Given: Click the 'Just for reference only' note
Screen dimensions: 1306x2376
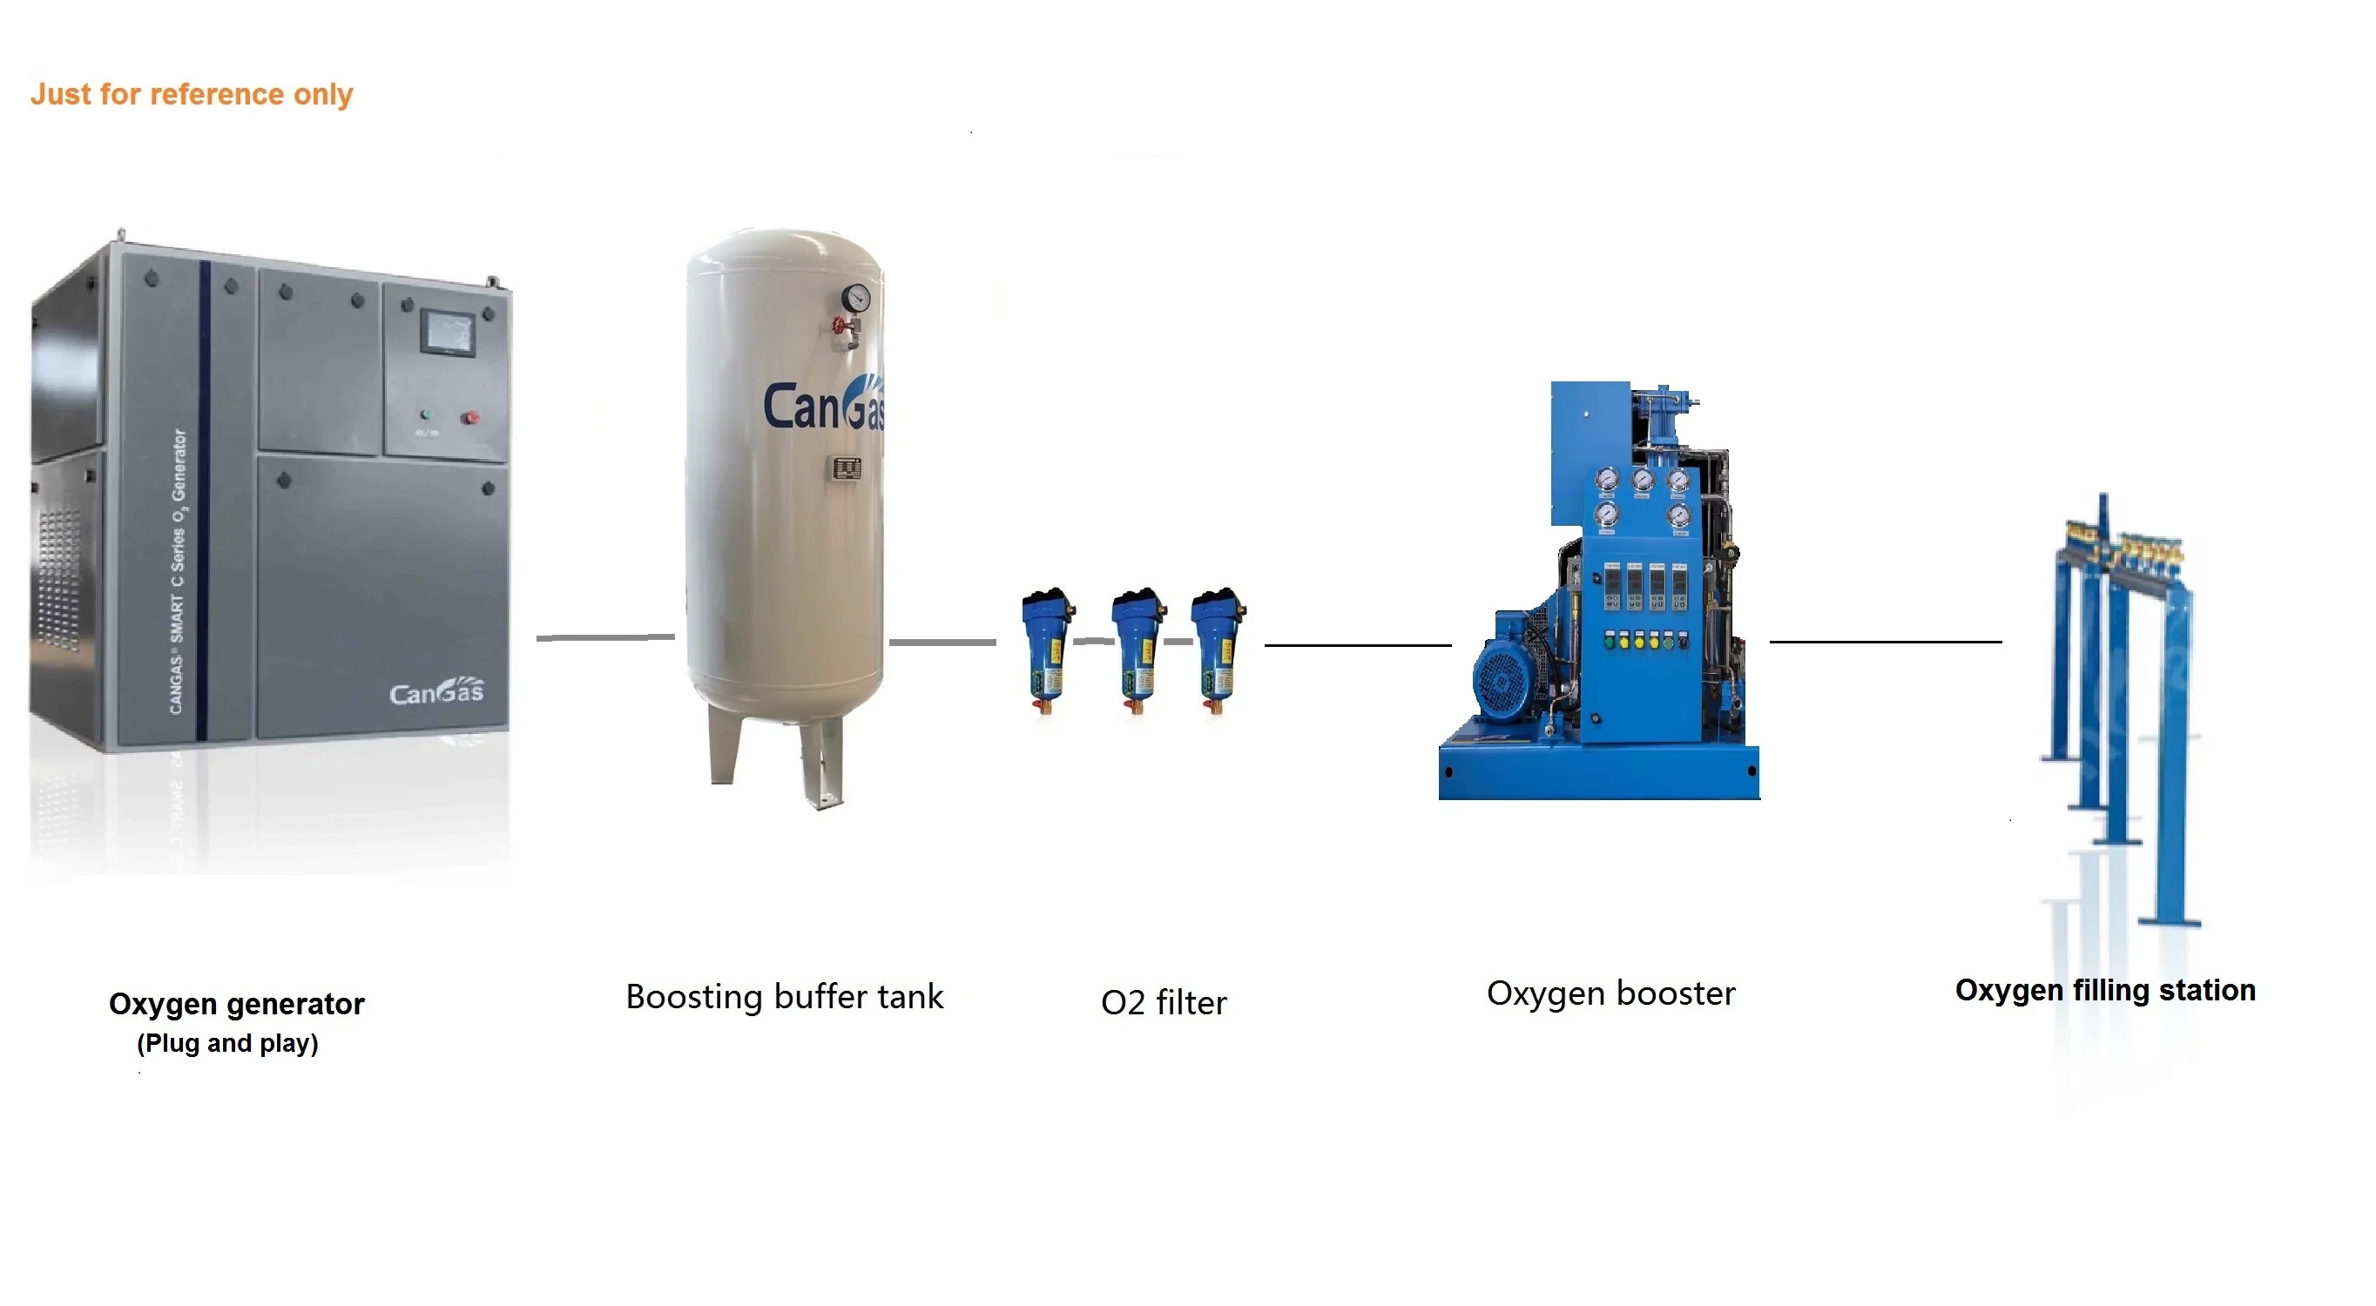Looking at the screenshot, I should tap(191, 94).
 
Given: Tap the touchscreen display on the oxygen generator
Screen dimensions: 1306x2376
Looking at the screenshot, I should tap(448, 331).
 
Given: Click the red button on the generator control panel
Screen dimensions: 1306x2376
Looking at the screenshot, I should tap(470, 418).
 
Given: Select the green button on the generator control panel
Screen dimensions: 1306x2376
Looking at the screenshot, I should tap(425, 415).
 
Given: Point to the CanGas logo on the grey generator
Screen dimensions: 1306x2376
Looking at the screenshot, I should tap(436, 691).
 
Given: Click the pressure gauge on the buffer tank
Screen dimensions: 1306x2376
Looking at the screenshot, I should tap(856, 297).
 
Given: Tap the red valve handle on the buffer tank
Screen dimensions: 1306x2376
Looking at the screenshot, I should tap(840, 326).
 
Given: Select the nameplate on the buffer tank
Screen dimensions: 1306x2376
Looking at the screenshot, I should tap(847, 468).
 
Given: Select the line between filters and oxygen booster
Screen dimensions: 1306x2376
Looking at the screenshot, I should tap(1357, 644).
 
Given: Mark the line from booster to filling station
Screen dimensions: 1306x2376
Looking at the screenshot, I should tap(1885, 641).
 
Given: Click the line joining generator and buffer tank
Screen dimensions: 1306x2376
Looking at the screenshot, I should tap(605, 637).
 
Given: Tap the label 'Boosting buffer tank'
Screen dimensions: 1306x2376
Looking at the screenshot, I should tap(784, 997).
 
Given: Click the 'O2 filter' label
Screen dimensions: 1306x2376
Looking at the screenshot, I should tap(1163, 1002).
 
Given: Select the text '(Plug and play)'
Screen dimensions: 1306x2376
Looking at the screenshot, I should tap(227, 1043).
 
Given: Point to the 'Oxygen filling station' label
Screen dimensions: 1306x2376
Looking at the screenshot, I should tap(2105, 991).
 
